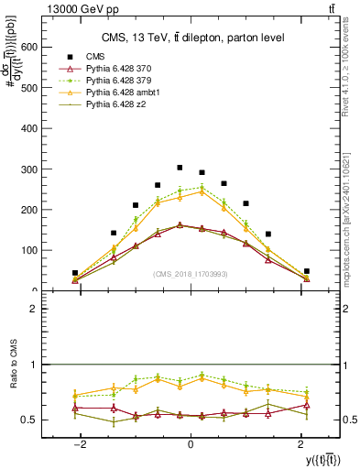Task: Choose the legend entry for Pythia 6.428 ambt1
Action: (125, 93)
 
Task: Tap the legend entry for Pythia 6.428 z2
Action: (118, 104)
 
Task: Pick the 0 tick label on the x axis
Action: (191, 442)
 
